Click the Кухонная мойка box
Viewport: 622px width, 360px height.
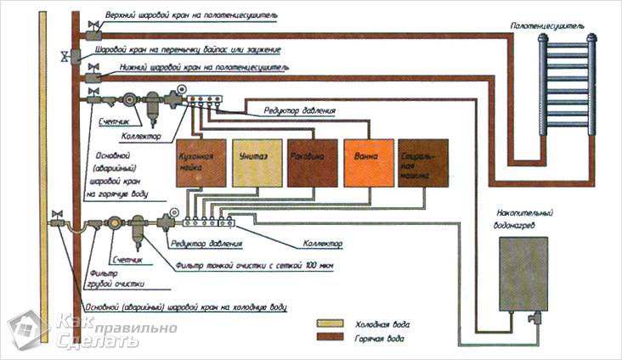point(200,162)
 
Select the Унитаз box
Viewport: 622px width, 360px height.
point(255,162)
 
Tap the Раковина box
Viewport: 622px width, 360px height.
point(312,162)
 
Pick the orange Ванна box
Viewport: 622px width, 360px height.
point(367,162)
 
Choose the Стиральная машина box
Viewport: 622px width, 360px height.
point(422,162)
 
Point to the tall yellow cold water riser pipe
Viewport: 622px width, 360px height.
point(40,170)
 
